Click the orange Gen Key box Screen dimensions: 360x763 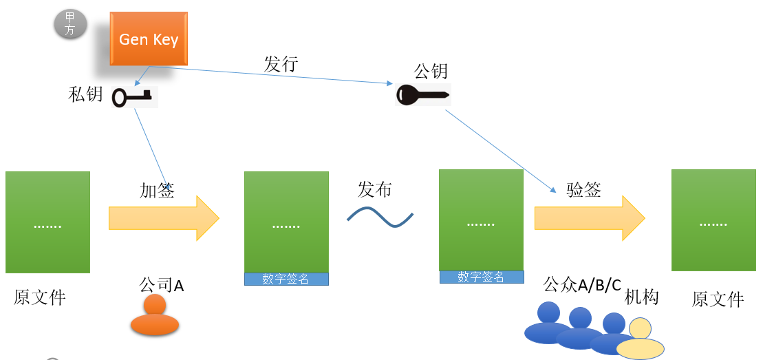tap(149, 39)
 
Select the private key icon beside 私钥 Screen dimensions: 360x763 tap(133, 97)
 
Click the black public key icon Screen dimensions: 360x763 tap(422, 94)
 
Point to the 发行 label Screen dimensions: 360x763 tap(281, 64)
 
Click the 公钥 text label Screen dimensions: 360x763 tap(431, 71)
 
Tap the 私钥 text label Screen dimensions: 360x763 tap(85, 94)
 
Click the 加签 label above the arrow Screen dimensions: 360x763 tap(157, 191)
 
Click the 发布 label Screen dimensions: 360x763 tap(375, 189)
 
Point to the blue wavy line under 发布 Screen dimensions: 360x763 tap(380, 217)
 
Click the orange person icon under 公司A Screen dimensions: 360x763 tap(155, 316)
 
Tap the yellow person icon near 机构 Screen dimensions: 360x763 tap(640, 339)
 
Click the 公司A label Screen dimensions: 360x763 tap(162, 285)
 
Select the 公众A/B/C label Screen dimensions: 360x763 tap(582, 284)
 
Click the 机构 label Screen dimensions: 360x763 tap(641, 297)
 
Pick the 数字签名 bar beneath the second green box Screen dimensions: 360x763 tap(286, 279)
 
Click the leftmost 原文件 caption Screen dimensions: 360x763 tap(40, 297)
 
